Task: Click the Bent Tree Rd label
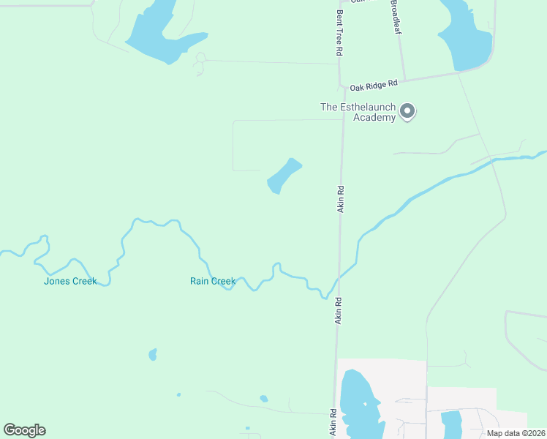click(339, 34)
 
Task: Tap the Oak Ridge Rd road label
click(372, 83)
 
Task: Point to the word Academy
click(374, 117)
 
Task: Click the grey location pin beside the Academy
click(408, 112)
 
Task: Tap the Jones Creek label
click(70, 281)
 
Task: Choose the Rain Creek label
click(213, 281)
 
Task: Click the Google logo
click(24, 430)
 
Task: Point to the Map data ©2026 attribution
click(516, 433)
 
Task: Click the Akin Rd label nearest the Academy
click(340, 199)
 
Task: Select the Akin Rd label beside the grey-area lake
click(333, 423)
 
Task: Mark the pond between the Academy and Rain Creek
click(284, 176)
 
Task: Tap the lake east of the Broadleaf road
click(464, 37)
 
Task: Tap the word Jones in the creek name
click(57, 281)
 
